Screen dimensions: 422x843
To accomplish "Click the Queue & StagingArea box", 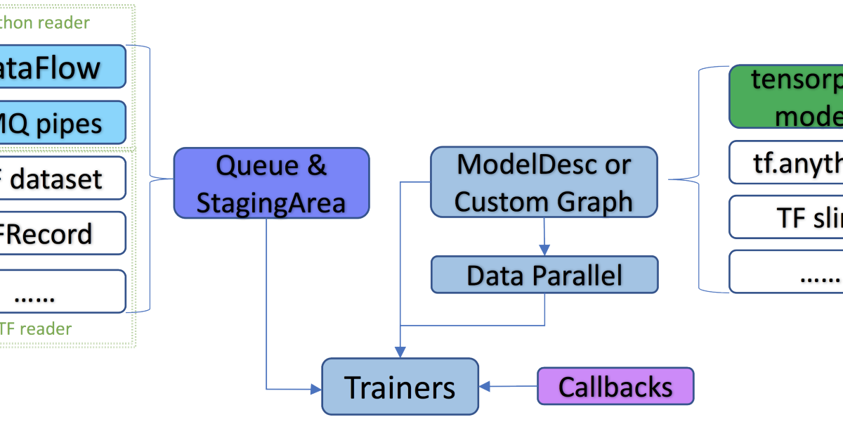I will tap(271, 182).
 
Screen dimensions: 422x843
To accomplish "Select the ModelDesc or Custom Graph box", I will tap(544, 181).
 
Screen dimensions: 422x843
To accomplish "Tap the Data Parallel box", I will tap(544, 275).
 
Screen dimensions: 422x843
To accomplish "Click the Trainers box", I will tap(400, 386).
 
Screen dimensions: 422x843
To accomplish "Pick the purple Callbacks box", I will tap(615, 386).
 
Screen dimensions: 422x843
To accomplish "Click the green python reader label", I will tap(45, 23).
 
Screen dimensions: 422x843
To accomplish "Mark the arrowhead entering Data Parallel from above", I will tap(544, 250).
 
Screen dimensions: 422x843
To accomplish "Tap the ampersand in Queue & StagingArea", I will tap(318, 165).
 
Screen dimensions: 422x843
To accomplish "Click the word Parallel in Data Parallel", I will tap(577, 275).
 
